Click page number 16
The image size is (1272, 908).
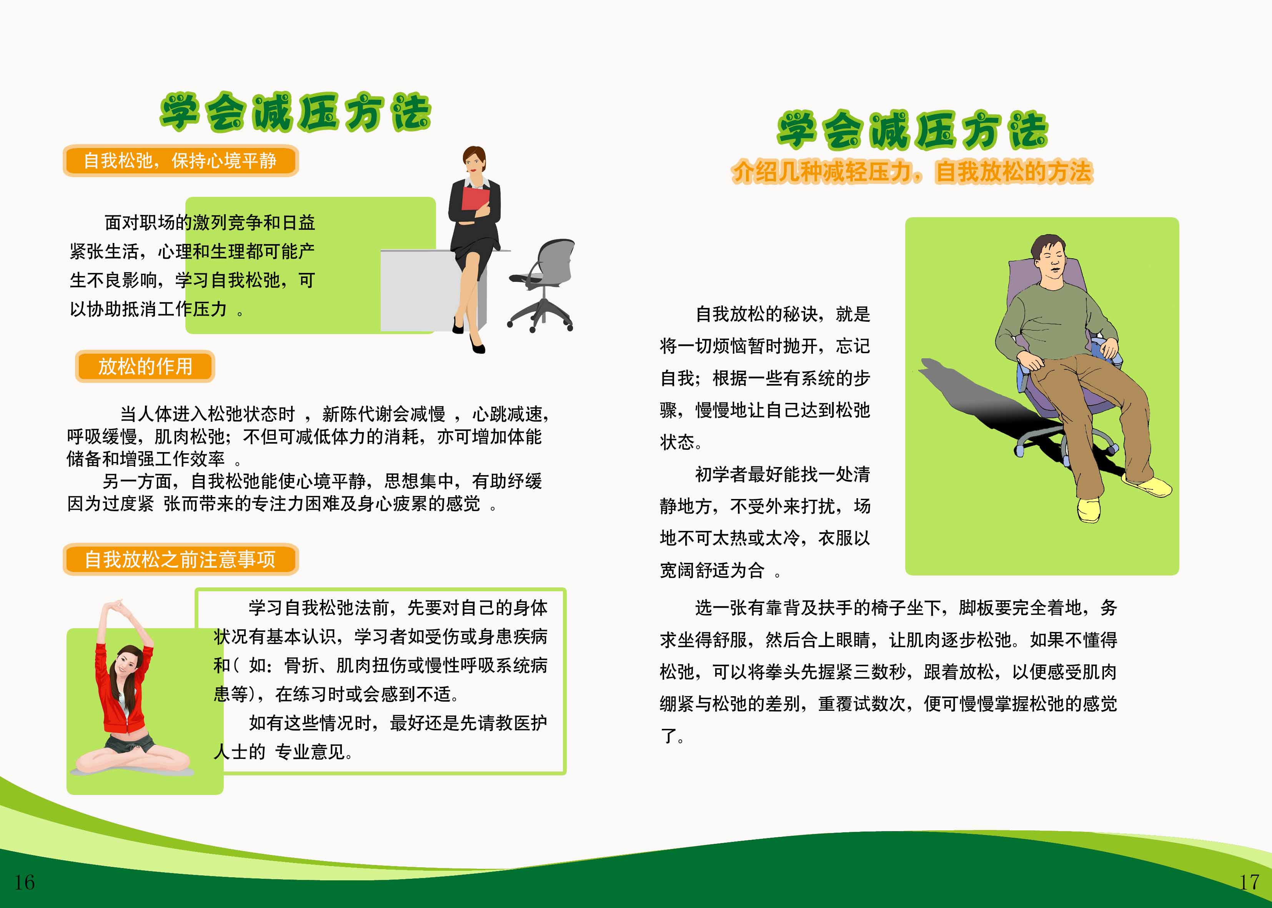point(24,882)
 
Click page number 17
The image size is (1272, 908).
point(1249,882)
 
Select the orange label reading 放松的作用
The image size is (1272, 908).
point(145,366)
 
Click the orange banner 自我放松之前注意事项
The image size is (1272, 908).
point(181,559)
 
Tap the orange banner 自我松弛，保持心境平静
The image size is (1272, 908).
point(181,160)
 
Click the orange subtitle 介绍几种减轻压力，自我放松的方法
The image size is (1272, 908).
point(912,171)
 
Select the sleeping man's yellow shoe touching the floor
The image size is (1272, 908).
point(1089,509)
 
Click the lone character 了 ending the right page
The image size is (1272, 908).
point(669,735)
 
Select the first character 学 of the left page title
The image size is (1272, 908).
point(180,112)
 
